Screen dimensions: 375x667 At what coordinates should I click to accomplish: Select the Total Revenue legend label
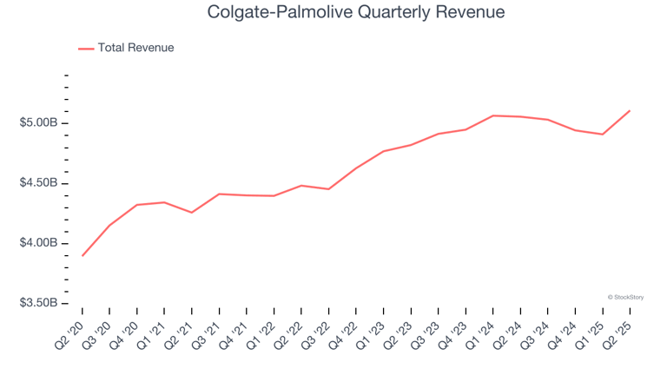(x=135, y=48)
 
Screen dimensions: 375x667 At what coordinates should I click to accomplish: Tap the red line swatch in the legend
(x=86, y=49)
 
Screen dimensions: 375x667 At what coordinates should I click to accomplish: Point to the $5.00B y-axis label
(x=38, y=123)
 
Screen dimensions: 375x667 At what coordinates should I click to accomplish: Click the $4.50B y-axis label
(x=38, y=183)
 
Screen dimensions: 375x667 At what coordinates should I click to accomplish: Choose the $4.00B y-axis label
(x=38, y=243)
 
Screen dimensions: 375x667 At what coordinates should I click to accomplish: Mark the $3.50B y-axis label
(x=38, y=303)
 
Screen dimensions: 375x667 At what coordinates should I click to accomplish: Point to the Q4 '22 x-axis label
(x=345, y=332)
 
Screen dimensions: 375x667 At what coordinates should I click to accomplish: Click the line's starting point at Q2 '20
(x=83, y=255)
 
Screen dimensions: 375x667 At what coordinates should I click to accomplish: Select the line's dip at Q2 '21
(x=192, y=213)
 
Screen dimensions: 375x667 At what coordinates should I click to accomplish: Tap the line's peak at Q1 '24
(x=492, y=115)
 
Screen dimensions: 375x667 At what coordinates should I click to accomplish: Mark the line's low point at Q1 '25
(x=602, y=135)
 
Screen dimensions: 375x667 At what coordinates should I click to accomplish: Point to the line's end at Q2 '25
(x=629, y=110)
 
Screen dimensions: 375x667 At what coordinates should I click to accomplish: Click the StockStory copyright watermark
(x=625, y=297)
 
